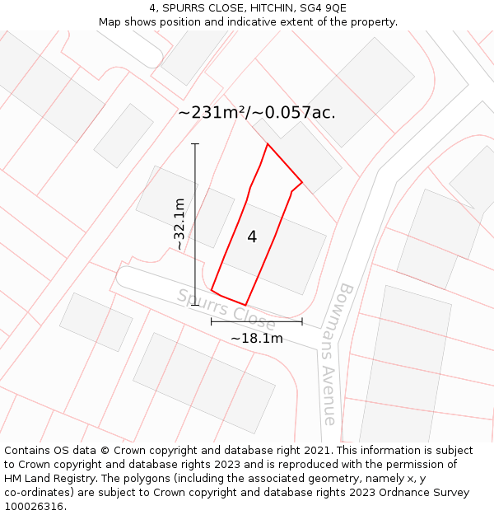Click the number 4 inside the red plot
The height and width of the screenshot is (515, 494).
point(252,237)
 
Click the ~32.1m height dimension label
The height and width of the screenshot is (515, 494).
point(179,224)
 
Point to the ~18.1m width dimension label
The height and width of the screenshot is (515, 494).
point(256,338)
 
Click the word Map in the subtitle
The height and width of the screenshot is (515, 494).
point(110,22)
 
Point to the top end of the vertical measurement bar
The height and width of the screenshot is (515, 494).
point(195,144)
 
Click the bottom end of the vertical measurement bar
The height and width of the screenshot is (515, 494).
point(195,305)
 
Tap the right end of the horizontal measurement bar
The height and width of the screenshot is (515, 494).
point(302,321)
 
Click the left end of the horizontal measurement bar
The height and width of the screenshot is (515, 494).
point(212,321)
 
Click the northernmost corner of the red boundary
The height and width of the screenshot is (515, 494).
point(268,144)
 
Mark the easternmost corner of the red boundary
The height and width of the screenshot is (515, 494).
point(302,182)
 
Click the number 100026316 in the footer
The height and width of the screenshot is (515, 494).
point(34,507)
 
